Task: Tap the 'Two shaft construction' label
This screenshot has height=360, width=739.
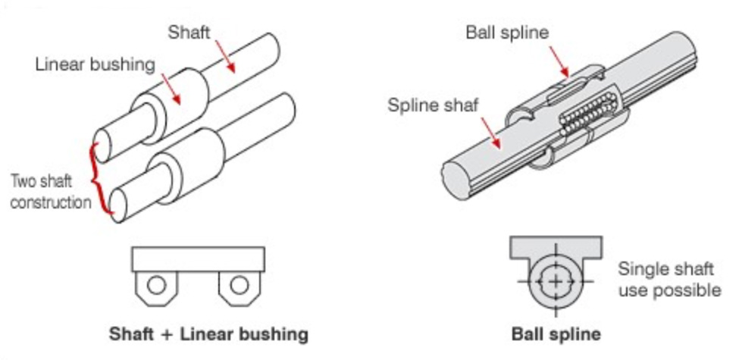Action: point(50,192)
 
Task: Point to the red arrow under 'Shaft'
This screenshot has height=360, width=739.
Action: point(225,59)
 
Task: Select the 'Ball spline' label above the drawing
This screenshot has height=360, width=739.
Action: point(507,32)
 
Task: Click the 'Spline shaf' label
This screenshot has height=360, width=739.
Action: point(433,105)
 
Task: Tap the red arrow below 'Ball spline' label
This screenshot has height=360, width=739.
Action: point(561,60)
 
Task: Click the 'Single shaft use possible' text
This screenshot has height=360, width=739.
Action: point(669,279)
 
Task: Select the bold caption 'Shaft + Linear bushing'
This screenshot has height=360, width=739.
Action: point(208,334)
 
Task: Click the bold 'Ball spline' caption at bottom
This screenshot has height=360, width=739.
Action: point(556,334)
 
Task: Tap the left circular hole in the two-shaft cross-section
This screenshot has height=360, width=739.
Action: point(157,286)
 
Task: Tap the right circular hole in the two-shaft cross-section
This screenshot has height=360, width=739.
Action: point(239,286)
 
